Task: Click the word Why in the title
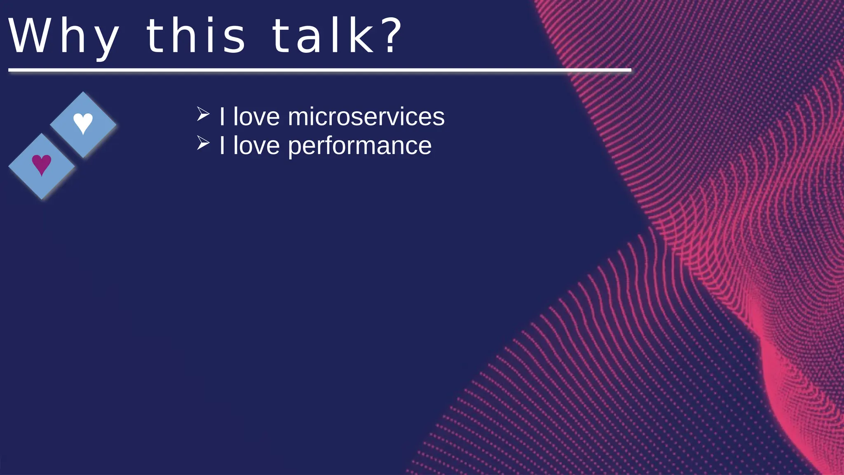pos(64,36)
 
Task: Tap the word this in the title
pos(196,36)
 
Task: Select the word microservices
pos(366,117)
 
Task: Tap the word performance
pos(359,146)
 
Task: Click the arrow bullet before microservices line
pos(203,114)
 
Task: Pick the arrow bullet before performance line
pos(203,143)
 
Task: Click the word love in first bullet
pos(256,117)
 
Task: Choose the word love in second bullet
pos(256,146)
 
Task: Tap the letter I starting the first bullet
pos(222,117)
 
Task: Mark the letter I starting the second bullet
pos(222,146)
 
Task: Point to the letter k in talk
pos(362,36)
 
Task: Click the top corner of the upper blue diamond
pos(83,92)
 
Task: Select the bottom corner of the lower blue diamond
pos(42,199)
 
